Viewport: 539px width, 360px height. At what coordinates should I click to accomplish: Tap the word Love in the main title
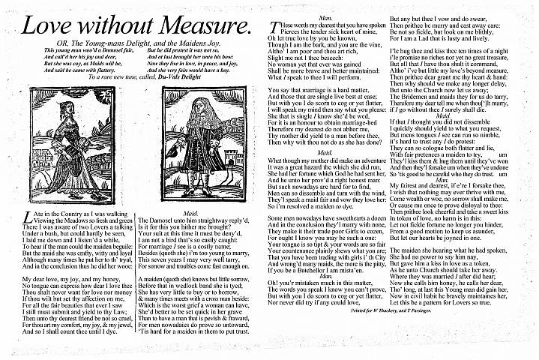(51, 26)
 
